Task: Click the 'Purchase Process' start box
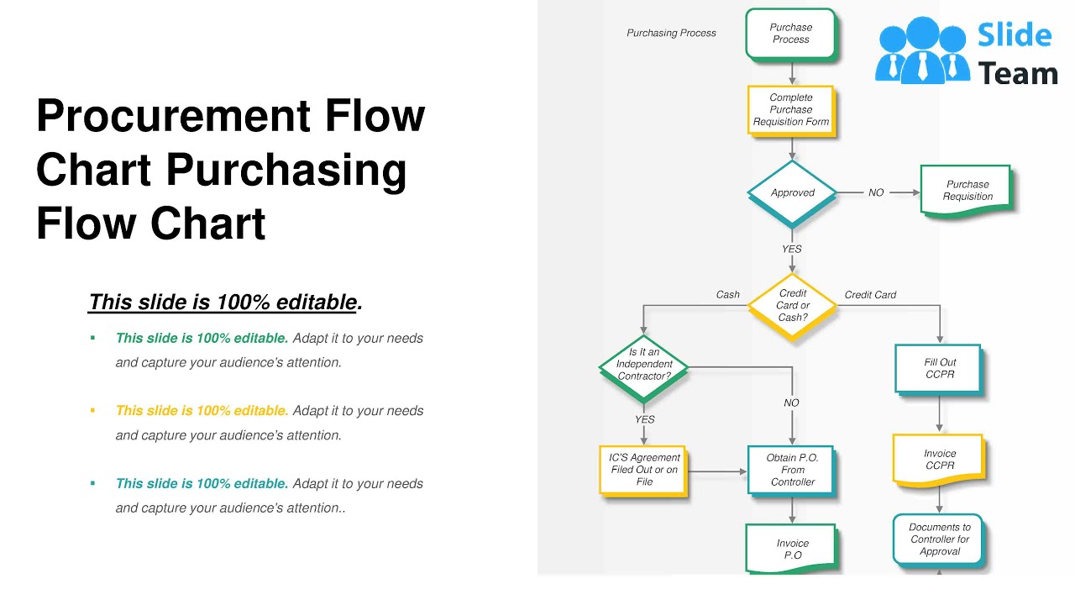790,34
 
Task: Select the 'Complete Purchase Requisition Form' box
790,109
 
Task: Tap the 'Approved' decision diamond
792,192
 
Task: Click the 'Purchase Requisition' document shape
967,191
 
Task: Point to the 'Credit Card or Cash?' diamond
792,306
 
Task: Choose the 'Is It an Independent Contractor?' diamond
644,365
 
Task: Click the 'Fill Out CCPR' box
939,368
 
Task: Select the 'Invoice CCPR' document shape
939,460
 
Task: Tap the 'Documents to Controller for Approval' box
938,539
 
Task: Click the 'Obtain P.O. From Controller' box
791,470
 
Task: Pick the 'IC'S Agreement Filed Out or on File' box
643,470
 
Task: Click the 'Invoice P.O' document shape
792,549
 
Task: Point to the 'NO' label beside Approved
876,192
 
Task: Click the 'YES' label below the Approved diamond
791,249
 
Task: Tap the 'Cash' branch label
727,295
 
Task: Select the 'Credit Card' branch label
870,295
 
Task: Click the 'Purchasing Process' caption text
671,33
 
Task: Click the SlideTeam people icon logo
921,50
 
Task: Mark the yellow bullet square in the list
92,411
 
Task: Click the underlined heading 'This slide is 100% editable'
224,302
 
